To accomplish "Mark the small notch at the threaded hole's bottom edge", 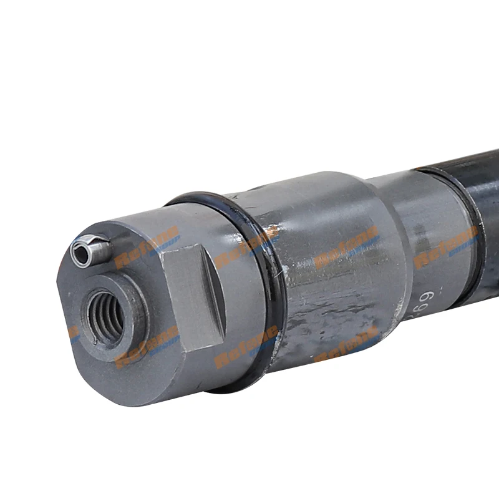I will tap(95, 341).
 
